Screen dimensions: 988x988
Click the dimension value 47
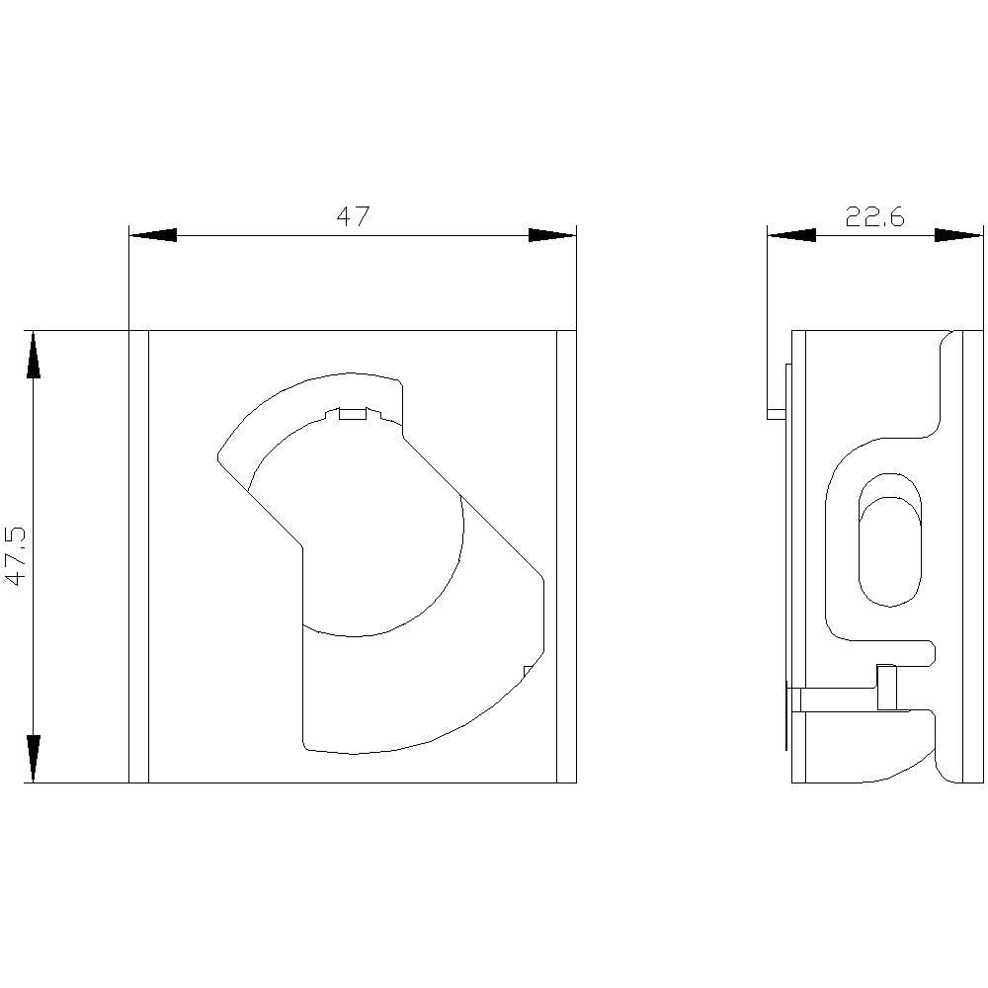(x=352, y=216)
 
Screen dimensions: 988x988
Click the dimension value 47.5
(x=17, y=556)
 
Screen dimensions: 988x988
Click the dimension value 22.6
(x=874, y=216)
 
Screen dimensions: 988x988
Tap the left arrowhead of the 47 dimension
(x=153, y=235)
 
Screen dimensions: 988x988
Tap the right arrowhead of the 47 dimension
(x=552, y=235)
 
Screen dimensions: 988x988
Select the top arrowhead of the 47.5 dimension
(x=34, y=355)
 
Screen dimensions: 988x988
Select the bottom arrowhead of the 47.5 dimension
(x=34, y=759)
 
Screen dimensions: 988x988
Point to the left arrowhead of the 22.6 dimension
(x=791, y=235)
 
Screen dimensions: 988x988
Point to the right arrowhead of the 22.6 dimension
(x=959, y=235)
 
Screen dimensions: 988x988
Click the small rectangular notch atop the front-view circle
(x=353, y=414)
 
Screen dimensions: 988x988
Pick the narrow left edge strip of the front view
(x=138, y=556)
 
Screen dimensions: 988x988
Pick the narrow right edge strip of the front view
(x=566, y=556)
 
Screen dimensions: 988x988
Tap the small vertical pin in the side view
(x=887, y=688)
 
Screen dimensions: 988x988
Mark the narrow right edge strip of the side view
(x=973, y=556)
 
